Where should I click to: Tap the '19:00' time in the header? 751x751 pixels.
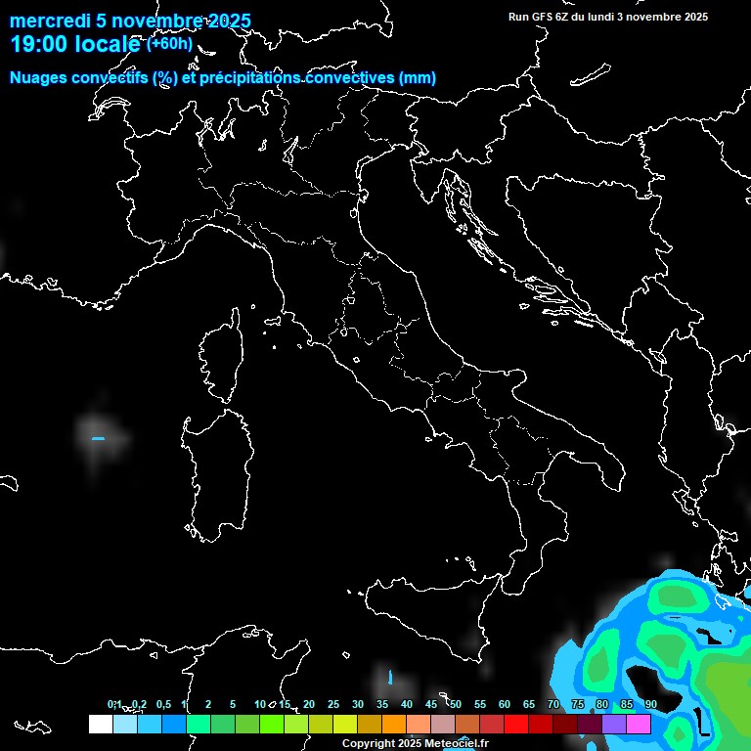click(39, 43)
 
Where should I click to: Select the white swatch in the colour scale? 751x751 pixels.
click(100, 724)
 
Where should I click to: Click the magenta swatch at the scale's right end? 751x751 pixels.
click(639, 724)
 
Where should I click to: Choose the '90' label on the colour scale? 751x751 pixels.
click(650, 704)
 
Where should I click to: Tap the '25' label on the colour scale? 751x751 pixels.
click(332, 704)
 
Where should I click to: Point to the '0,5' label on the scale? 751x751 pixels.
click(162, 704)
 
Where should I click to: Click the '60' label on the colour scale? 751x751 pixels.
click(504, 704)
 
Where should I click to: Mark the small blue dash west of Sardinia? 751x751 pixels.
click(98, 439)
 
